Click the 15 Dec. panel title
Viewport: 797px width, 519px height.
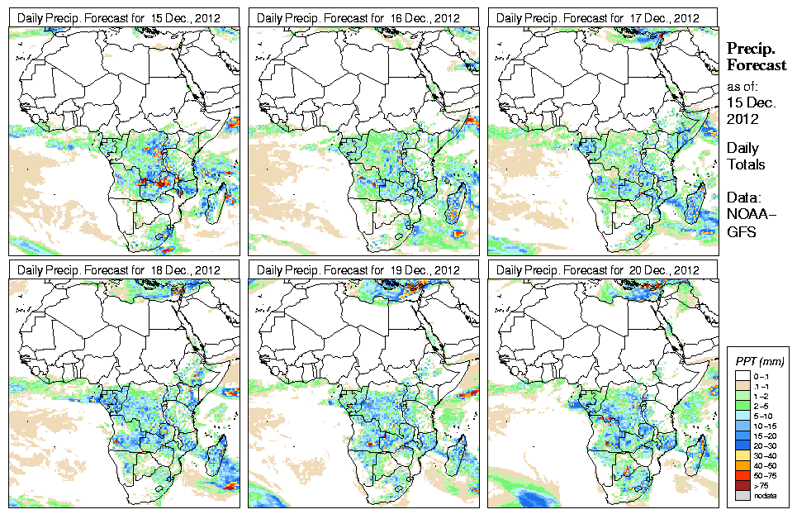[119, 17]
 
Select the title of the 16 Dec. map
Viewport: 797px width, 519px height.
[358, 17]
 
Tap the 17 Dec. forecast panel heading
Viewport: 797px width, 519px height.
[598, 17]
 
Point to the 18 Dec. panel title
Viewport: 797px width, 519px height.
[119, 270]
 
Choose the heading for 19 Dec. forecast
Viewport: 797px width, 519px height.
[358, 270]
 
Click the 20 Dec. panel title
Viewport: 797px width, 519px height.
[598, 270]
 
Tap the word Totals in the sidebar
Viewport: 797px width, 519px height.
[746, 164]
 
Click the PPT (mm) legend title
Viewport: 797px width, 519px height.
[759, 361]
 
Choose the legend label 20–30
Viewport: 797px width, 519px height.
[764, 445]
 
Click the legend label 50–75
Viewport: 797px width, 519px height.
[764, 475]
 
